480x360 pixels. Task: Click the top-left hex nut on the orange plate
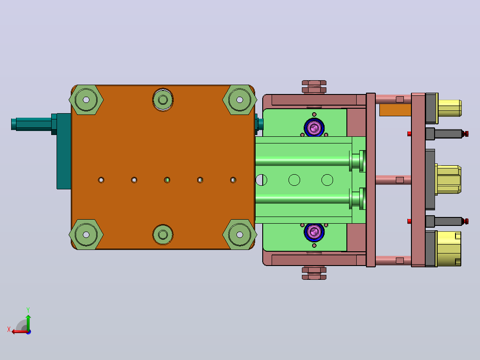[x=86, y=100]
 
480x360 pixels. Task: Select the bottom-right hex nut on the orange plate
[x=240, y=235]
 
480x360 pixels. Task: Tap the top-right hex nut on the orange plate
[x=240, y=100]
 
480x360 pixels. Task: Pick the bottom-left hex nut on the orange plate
[x=86, y=235]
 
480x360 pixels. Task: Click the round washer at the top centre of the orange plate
[x=163, y=100]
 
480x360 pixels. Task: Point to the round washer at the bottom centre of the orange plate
[x=163, y=235]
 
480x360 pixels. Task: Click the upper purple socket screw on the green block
[x=314, y=127]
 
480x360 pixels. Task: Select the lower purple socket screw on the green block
[x=314, y=232]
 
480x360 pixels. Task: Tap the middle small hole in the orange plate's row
[x=167, y=180]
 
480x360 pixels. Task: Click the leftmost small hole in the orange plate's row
[x=101, y=180]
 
